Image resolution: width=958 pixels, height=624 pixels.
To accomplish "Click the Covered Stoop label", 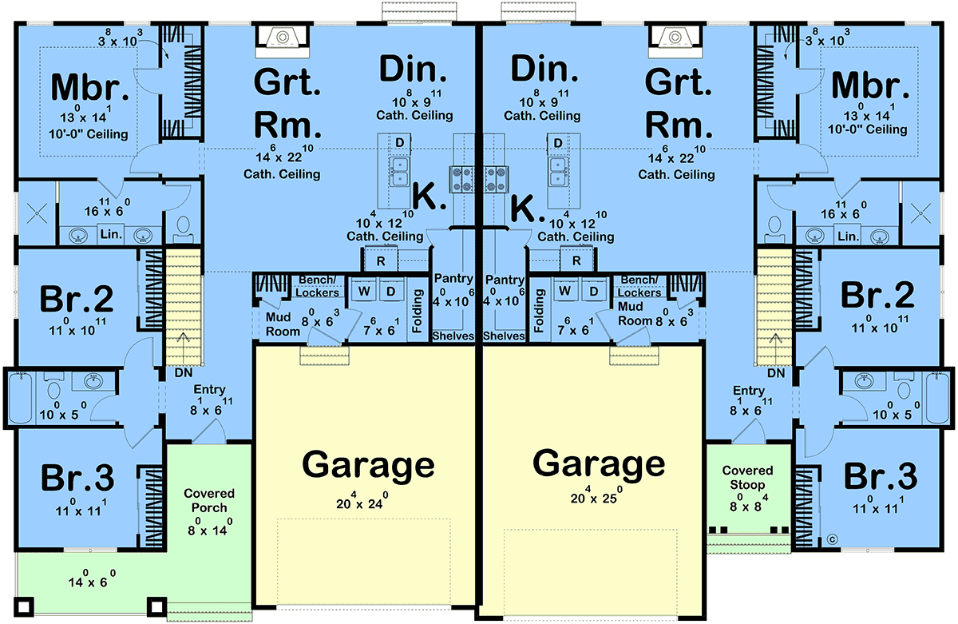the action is click(747, 478).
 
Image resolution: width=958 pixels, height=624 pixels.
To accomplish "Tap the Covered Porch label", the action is click(209, 500).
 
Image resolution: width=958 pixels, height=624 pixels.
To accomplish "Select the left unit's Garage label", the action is click(368, 466).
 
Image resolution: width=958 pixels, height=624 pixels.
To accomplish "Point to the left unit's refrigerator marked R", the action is click(381, 260).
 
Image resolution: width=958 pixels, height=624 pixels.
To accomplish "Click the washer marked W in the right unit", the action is click(564, 291).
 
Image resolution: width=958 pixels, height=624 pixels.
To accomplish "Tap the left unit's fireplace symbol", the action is click(282, 38).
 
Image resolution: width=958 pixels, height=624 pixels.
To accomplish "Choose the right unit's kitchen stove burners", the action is click(496, 179).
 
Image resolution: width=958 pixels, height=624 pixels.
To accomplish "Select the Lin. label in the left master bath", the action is click(111, 234).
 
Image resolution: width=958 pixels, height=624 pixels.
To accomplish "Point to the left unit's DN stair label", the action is click(184, 373).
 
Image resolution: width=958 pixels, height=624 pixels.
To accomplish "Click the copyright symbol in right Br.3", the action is click(832, 539).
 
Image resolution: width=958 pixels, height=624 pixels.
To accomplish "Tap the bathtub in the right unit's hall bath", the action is click(937, 399).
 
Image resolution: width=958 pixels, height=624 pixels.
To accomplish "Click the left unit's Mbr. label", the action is click(89, 88).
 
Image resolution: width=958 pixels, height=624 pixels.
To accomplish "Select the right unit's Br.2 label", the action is click(877, 296).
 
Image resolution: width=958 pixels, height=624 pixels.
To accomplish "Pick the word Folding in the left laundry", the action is click(417, 311).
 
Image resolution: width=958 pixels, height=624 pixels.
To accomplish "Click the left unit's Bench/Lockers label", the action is click(318, 286).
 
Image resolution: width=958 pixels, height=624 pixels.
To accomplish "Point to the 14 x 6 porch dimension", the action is click(92, 578).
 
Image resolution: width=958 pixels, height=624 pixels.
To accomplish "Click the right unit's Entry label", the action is click(749, 391).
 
